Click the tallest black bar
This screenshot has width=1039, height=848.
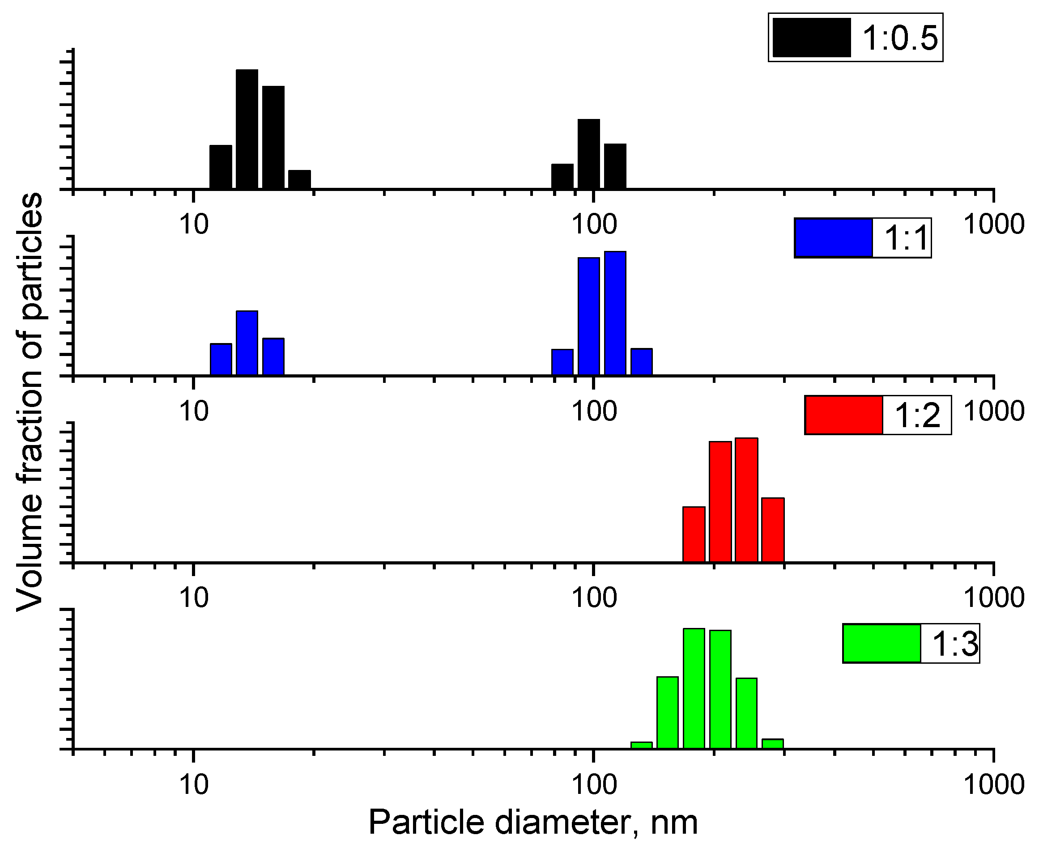click(247, 129)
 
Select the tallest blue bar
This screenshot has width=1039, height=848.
click(615, 313)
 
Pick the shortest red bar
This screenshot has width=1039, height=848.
click(694, 534)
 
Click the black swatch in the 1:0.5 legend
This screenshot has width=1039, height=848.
click(812, 38)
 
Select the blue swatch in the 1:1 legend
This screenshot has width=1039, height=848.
click(833, 238)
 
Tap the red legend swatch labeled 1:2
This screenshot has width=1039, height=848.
click(843, 415)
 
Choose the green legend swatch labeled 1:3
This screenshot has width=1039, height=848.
click(881, 643)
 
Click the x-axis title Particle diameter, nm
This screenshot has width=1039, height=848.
click(532, 822)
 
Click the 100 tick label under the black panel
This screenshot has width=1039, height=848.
click(594, 224)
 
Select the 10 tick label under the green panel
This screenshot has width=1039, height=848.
click(194, 785)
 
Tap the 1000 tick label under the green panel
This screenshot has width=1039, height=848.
click(993, 785)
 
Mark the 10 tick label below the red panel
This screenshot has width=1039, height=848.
click(194, 598)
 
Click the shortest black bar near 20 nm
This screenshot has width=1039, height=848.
click(299, 180)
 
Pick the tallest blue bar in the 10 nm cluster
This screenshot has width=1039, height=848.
click(247, 343)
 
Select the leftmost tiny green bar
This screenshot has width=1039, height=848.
click(642, 745)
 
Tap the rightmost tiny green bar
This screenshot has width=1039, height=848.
click(773, 743)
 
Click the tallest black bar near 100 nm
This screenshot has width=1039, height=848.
click(589, 154)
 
